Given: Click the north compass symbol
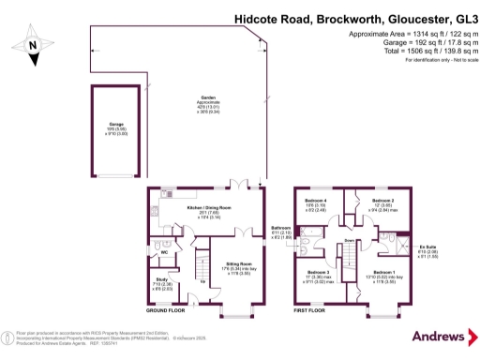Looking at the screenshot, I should (33, 42).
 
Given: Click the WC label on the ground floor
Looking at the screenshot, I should (164, 252).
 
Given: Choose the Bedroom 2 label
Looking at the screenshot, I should (384, 201).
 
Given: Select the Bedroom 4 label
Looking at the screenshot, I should (316, 201).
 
